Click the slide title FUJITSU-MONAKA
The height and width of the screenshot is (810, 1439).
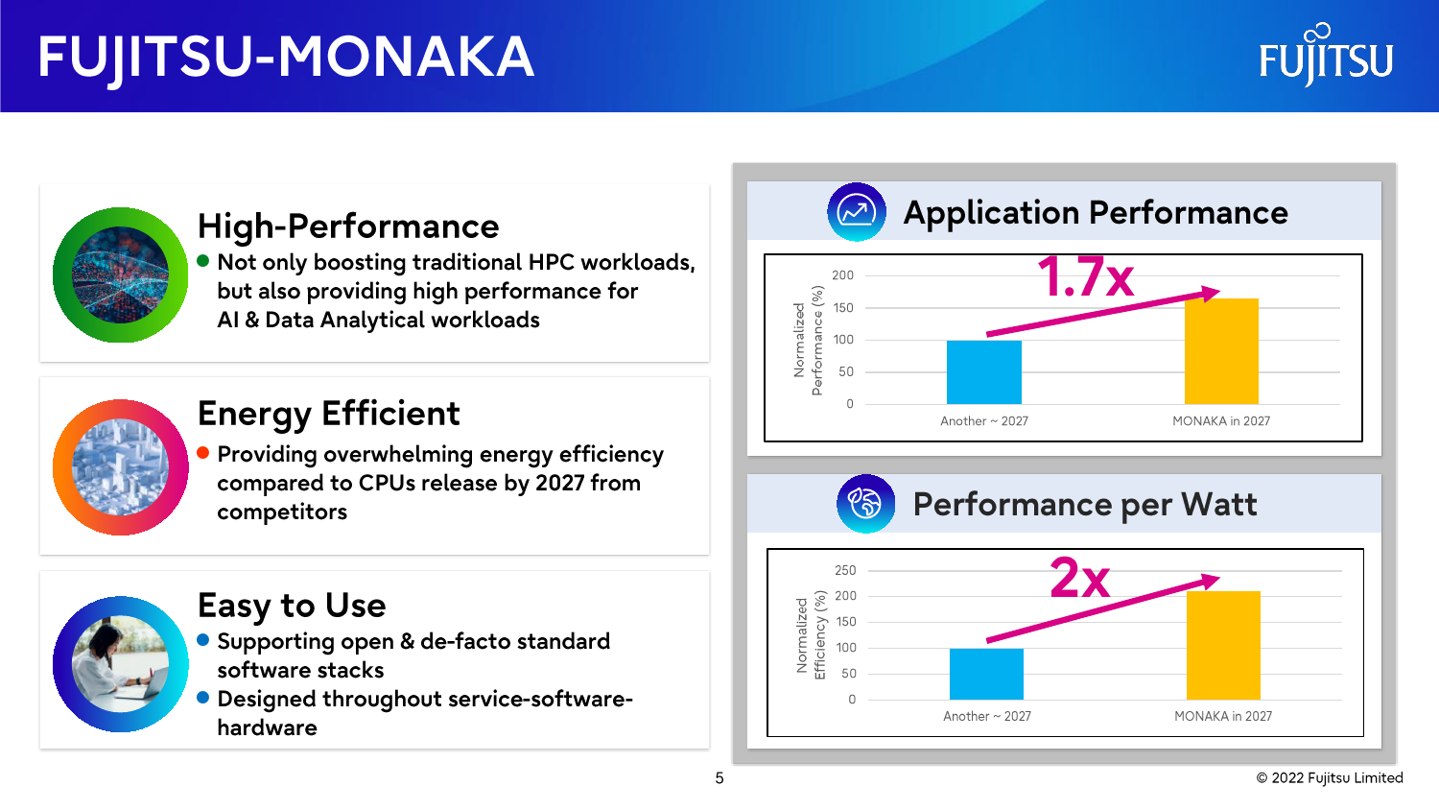(x=286, y=59)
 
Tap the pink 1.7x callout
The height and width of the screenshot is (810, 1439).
(x=1086, y=277)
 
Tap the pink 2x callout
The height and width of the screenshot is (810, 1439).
(x=1080, y=578)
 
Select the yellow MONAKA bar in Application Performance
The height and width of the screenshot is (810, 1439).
(x=1221, y=351)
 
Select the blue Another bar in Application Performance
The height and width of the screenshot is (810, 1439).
(x=983, y=372)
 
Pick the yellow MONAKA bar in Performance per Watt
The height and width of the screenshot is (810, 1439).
(x=1223, y=645)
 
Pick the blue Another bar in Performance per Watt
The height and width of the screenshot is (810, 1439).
(x=986, y=674)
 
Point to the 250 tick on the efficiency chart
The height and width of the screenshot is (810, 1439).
(x=845, y=570)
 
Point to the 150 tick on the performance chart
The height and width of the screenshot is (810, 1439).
(x=843, y=307)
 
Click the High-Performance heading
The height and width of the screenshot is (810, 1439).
(x=348, y=226)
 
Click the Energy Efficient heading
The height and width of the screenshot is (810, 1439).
(x=328, y=414)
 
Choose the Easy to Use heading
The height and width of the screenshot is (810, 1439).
(x=292, y=606)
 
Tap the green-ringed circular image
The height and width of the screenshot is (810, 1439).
(x=120, y=274)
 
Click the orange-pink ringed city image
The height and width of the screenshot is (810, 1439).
(x=120, y=467)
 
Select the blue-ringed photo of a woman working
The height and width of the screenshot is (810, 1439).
(x=120, y=664)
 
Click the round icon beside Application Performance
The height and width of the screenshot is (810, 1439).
(x=857, y=212)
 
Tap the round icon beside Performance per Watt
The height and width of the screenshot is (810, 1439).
(x=866, y=503)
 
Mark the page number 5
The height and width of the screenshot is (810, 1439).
(x=719, y=778)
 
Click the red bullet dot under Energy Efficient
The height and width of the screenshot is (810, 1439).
(x=203, y=453)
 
